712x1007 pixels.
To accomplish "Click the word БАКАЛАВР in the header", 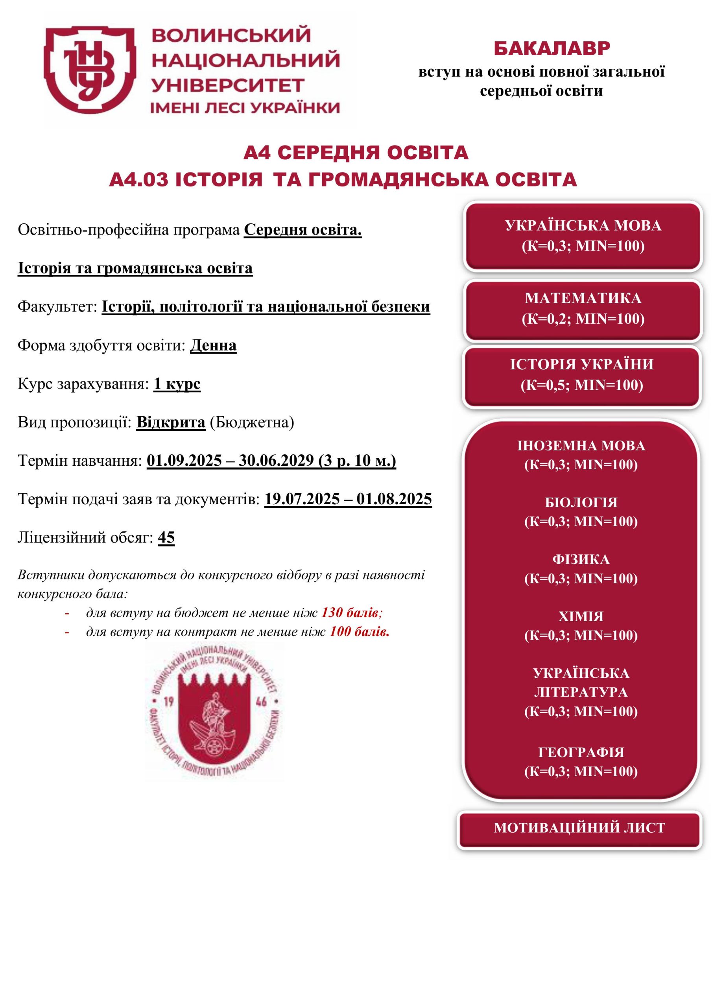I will (552, 49).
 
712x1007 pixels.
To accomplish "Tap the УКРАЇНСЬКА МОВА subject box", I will (583, 236).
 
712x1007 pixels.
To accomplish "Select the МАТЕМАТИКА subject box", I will (583, 308).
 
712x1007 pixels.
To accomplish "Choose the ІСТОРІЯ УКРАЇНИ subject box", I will (582, 374).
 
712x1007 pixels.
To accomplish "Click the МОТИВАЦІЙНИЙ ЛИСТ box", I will (579, 828).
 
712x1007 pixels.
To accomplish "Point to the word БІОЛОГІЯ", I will (581, 502).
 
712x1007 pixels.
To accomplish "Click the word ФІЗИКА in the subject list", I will (581, 559).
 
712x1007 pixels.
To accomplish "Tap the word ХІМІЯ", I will (581, 616).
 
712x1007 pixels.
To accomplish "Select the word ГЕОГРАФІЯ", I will (581, 752).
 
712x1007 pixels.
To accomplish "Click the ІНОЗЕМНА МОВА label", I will (581, 446).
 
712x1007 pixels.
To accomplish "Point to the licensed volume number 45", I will (166, 537).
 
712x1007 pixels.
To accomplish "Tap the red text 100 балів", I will (359, 632).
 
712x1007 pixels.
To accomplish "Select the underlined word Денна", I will (213, 346).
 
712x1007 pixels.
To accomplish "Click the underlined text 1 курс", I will (177, 384).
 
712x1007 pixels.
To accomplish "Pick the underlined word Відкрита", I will (171, 422).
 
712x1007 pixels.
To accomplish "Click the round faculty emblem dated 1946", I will (214, 712).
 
